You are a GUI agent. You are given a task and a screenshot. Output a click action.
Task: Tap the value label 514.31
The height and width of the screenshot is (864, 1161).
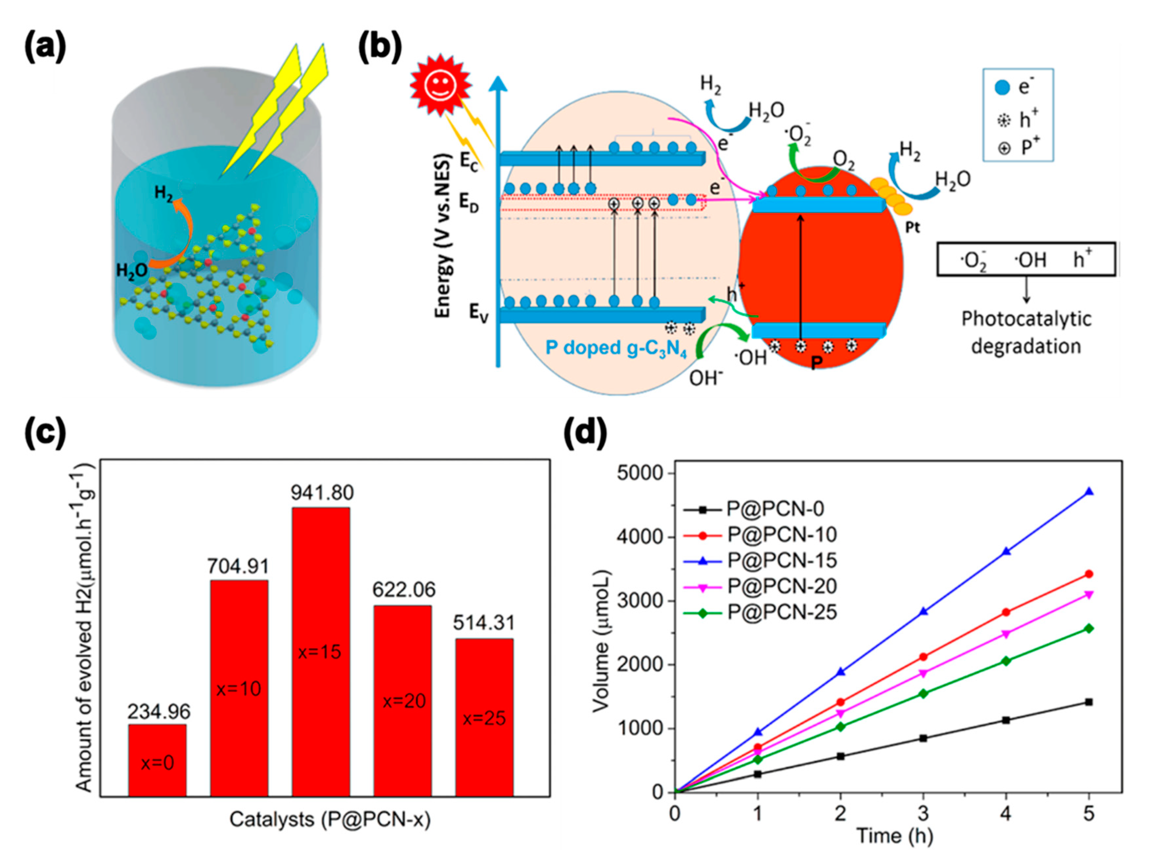[x=484, y=622]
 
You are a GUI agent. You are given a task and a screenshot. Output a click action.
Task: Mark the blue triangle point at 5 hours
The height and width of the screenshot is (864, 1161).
[x=1089, y=492]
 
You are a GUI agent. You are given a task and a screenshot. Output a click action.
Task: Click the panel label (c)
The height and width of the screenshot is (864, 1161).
[x=46, y=433]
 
